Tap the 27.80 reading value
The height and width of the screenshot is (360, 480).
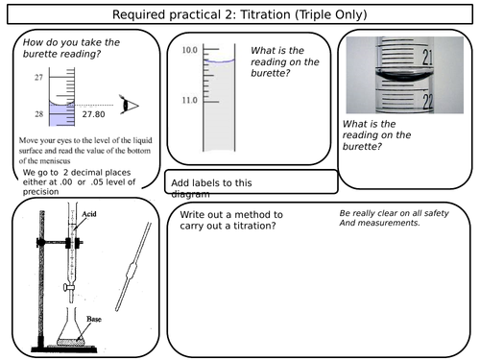click(x=93, y=114)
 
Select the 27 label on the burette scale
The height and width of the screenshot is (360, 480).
click(x=38, y=76)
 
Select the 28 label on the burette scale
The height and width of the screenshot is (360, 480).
click(x=38, y=113)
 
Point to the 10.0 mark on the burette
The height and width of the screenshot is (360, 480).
click(x=189, y=49)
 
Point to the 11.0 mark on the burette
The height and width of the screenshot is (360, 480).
click(x=189, y=100)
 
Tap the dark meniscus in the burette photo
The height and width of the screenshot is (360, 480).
click(x=403, y=80)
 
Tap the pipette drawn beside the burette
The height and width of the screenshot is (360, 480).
click(x=131, y=266)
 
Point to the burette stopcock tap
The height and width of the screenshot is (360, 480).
click(x=69, y=286)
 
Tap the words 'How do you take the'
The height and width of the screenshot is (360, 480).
click(x=71, y=43)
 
